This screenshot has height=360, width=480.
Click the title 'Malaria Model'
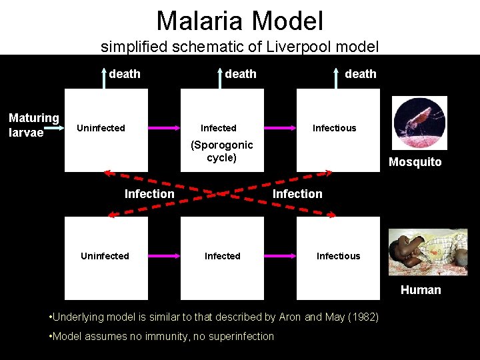click(239, 21)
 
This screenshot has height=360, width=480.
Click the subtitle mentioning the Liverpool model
click(239, 47)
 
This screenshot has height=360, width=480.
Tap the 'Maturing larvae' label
click(33, 125)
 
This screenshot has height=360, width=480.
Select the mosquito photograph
click(419, 123)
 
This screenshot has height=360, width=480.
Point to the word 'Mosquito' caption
click(415, 162)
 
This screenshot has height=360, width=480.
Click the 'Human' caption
click(420, 289)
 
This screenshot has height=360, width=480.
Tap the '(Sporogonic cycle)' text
click(221, 151)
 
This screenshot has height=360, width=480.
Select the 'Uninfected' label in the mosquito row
click(101, 128)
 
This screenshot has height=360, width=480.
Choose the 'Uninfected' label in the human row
click(105, 256)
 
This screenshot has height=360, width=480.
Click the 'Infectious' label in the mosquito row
click(334, 128)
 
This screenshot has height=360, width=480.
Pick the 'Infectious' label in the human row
click(338, 256)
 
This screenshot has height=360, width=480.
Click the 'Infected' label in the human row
click(222, 256)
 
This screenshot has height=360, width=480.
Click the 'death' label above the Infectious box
click(360, 74)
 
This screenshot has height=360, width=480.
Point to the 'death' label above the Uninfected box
click(125, 74)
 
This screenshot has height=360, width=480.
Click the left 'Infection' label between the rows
click(149, 194)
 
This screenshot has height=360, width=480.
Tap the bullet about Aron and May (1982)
click(214, 317)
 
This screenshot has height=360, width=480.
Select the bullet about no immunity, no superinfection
click(162, 336)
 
